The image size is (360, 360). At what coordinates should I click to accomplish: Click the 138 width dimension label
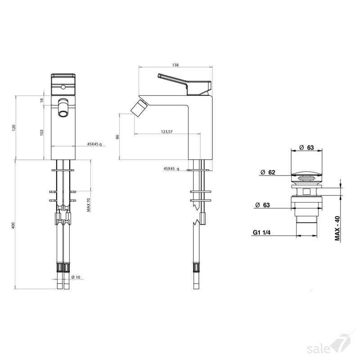(x=175, y=65)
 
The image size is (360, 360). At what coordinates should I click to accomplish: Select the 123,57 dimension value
(x=166, y=131)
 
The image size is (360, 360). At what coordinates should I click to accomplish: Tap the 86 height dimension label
(x=117, y=137)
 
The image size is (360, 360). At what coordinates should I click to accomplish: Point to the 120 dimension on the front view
(x=14, y=128)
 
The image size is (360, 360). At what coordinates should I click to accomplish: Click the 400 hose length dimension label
(x=13, y=225)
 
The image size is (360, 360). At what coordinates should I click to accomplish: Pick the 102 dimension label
(x=42, y=132)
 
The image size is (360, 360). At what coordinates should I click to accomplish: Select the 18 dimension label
(x=42, y=100)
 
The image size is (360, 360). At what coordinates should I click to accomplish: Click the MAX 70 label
(x=89, y=205)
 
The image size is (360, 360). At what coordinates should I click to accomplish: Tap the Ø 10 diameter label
(x=76, y=277)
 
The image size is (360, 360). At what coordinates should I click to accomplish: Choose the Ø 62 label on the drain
(x=268, y=172)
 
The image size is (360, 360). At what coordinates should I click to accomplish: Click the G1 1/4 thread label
(x=261, y=232)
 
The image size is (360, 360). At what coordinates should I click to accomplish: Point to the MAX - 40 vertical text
(x=337, y=228)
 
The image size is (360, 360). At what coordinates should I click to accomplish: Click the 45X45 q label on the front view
(x=94, y=144)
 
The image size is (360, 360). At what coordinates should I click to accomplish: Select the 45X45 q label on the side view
(x=171, y=168)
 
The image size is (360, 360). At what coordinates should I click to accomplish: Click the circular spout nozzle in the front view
(x=63, y=113)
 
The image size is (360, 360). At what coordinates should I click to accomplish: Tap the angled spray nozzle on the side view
(x=139, y=108)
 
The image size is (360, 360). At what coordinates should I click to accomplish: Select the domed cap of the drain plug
(x=306, y=173)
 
